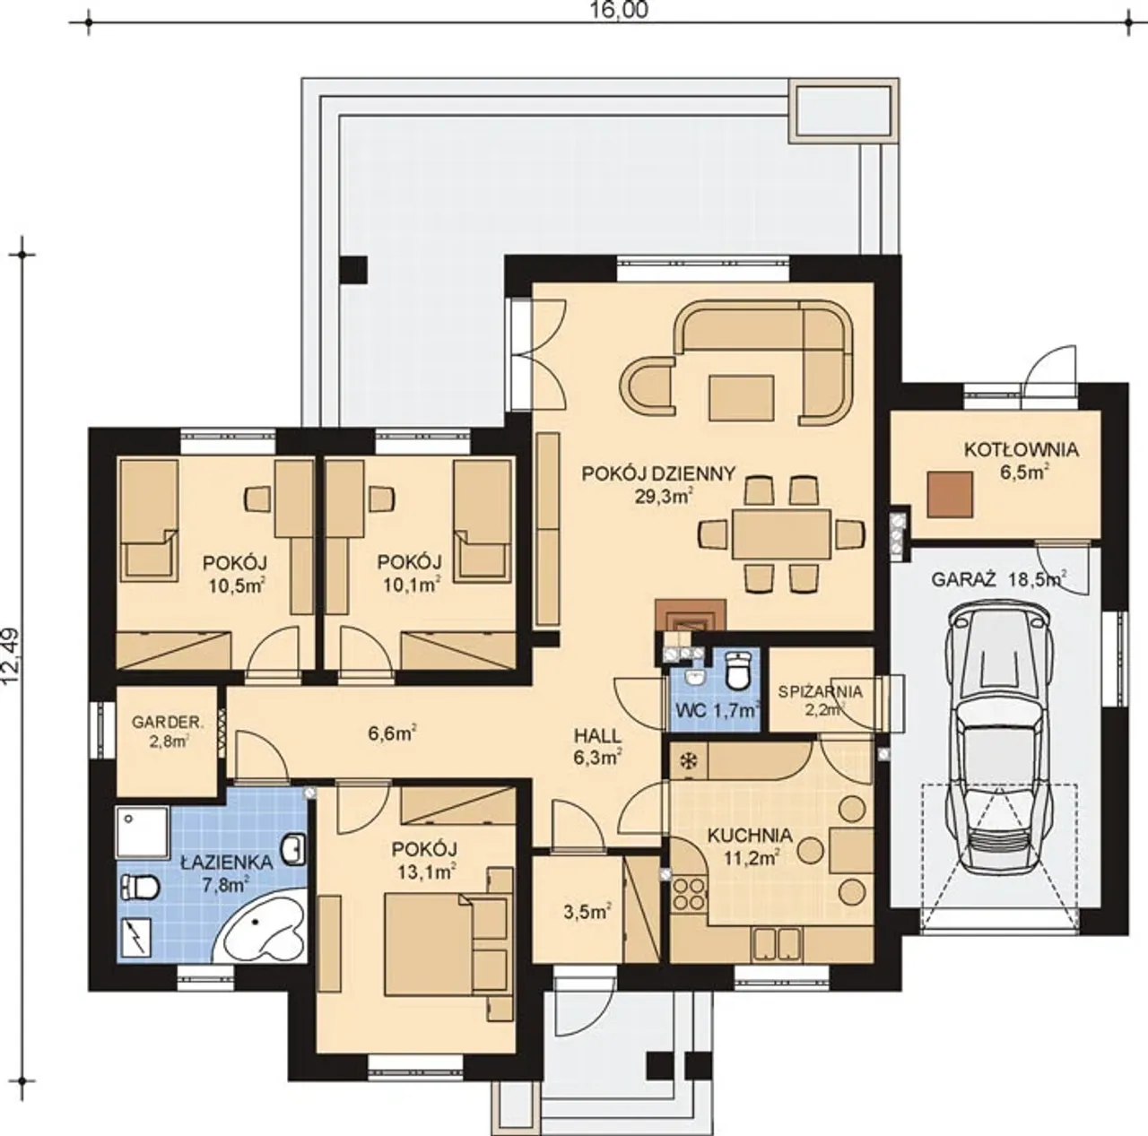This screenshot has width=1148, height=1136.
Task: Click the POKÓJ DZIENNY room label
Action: coord(658,473)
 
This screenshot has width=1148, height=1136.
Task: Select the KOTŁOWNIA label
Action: coord(1022,450)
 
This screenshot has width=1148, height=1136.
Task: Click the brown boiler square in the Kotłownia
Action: coord(950,494)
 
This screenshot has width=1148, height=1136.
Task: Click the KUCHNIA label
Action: coord(750,835)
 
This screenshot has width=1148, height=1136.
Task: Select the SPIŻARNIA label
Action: coord(820,691)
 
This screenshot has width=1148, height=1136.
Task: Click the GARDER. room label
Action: coord(168,723)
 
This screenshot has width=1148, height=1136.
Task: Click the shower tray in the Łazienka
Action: coord(142,831)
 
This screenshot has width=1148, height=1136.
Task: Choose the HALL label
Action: coord(597,736)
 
